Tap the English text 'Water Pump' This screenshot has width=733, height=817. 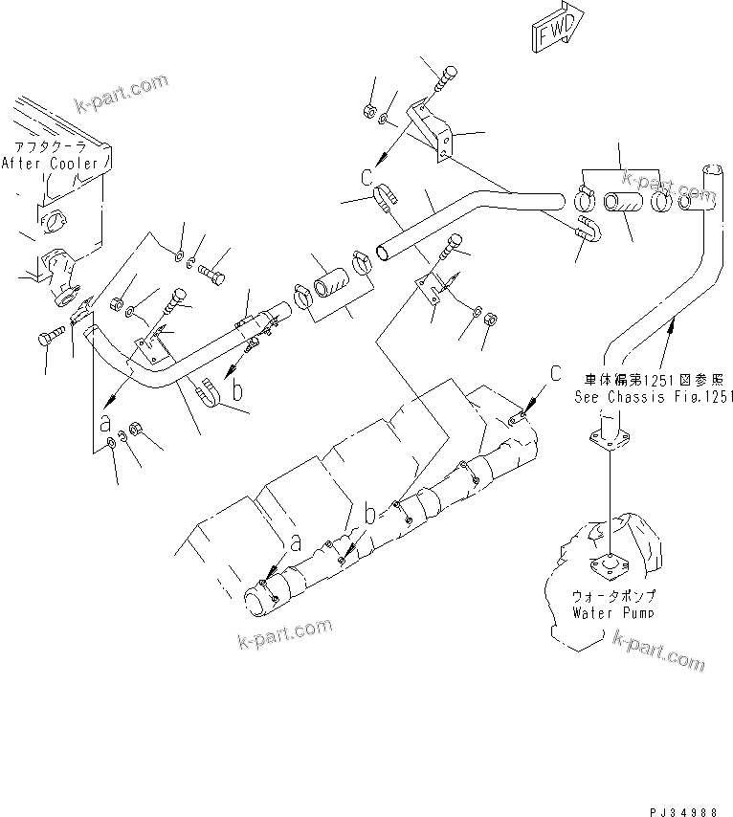click(614, 611)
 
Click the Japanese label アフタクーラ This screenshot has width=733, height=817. click(48, 148)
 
